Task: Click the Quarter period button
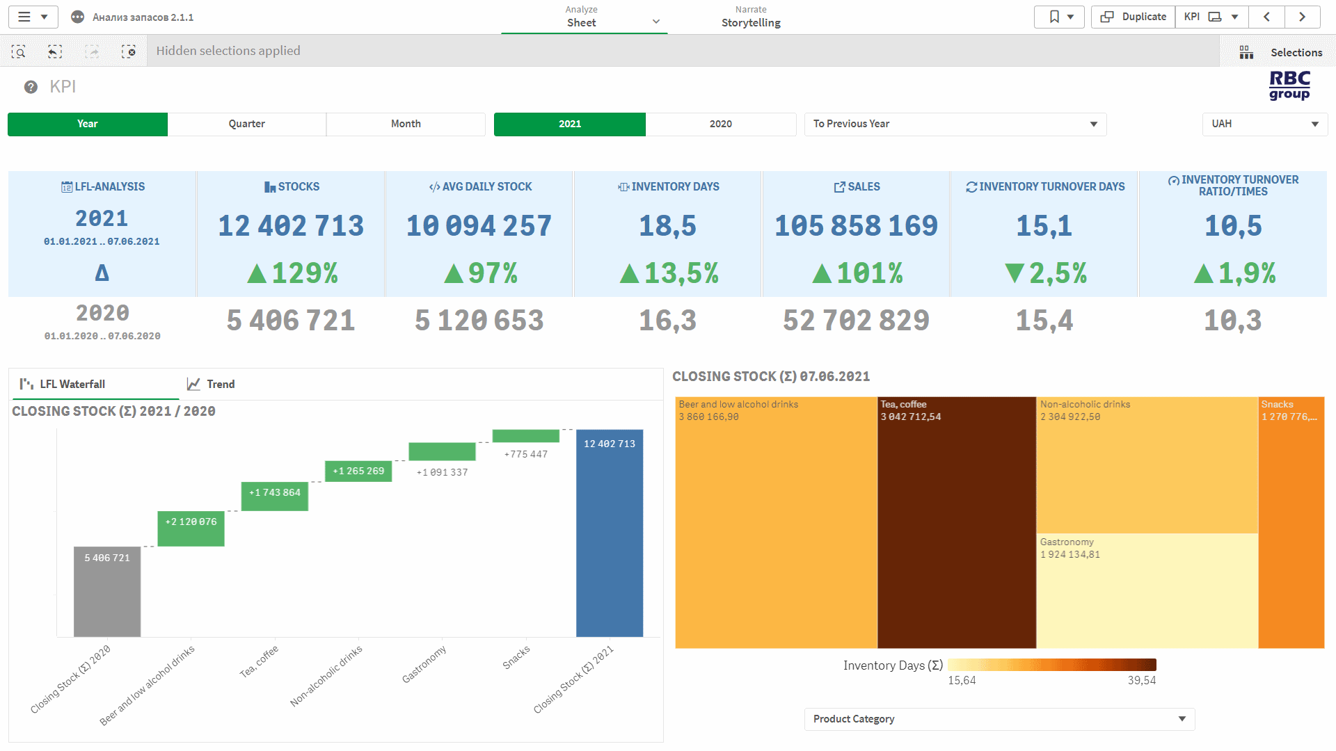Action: tap(246, 124)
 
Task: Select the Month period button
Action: tap(406, 124)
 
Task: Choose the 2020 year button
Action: tap(720, 124)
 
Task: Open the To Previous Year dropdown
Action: tap(955, 124)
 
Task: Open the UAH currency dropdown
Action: tap(1264, 124)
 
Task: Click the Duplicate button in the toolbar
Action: tap(1134, 17)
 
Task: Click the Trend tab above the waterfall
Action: tap(212, 384)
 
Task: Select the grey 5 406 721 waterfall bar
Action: tap(107, 591)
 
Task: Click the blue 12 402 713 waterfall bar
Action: tap(610, 533)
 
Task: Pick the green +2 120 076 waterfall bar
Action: tap(191, 528)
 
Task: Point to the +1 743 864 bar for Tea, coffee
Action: tap(274, 496)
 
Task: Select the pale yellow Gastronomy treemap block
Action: tap(1146, 591)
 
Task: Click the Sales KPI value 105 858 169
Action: tap(856, 226)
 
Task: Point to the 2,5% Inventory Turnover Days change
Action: tap(1045, 273)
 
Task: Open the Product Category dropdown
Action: tap(999, 719)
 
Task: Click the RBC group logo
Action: tap(1289, 86)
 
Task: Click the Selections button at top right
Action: tap(1281, 52)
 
